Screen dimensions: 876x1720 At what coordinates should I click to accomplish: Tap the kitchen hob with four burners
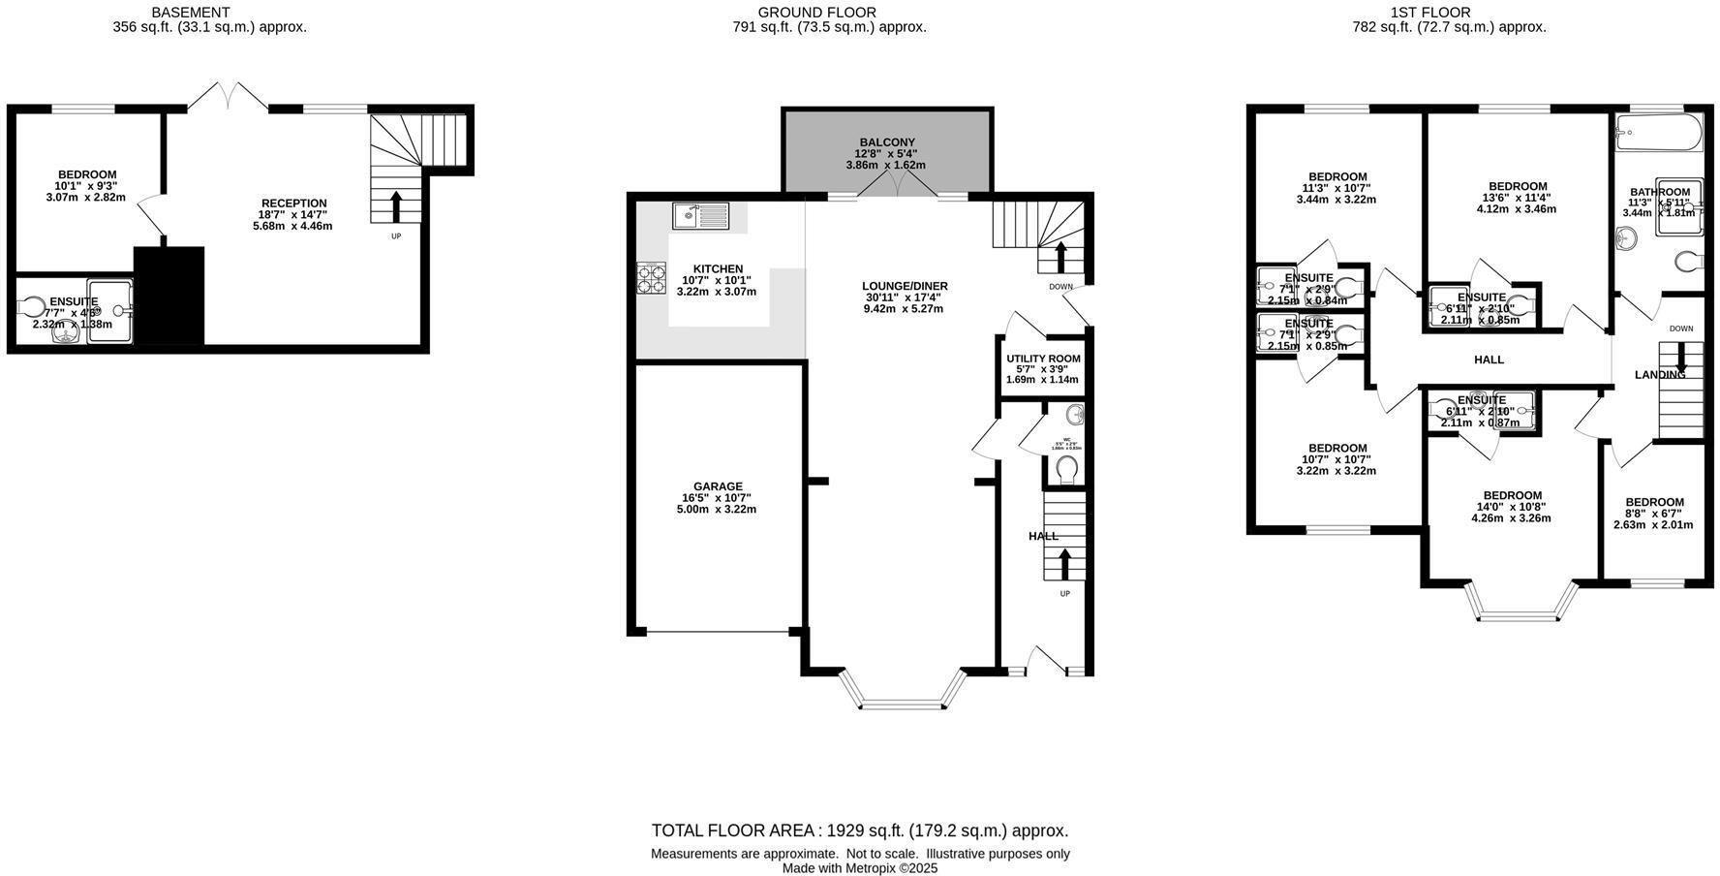click(x=651, y=278)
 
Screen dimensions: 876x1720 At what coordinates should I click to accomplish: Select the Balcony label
click(x=886, y=142)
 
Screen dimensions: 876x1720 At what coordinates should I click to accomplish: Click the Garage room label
click(x=718, y=486)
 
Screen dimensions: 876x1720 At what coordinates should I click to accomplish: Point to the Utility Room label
click(x=1043, y=359)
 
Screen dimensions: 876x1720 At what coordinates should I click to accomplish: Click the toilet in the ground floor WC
click(x=1067, y=469)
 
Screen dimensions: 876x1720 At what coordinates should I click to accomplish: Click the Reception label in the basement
click(x=293, y=203)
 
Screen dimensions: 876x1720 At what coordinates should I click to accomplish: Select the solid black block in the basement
click(x=169, y=295)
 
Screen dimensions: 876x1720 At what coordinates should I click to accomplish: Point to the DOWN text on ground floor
click(x=1060, y=287)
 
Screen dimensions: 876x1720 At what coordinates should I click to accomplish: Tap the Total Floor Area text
click(x=859, y=830)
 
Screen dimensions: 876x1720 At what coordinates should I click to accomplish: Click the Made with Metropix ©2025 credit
click(x=859, y=868)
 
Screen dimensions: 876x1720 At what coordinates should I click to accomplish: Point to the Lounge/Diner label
click(x=905, y=286)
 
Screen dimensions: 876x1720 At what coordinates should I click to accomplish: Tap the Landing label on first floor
click(x=1659, y=374)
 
